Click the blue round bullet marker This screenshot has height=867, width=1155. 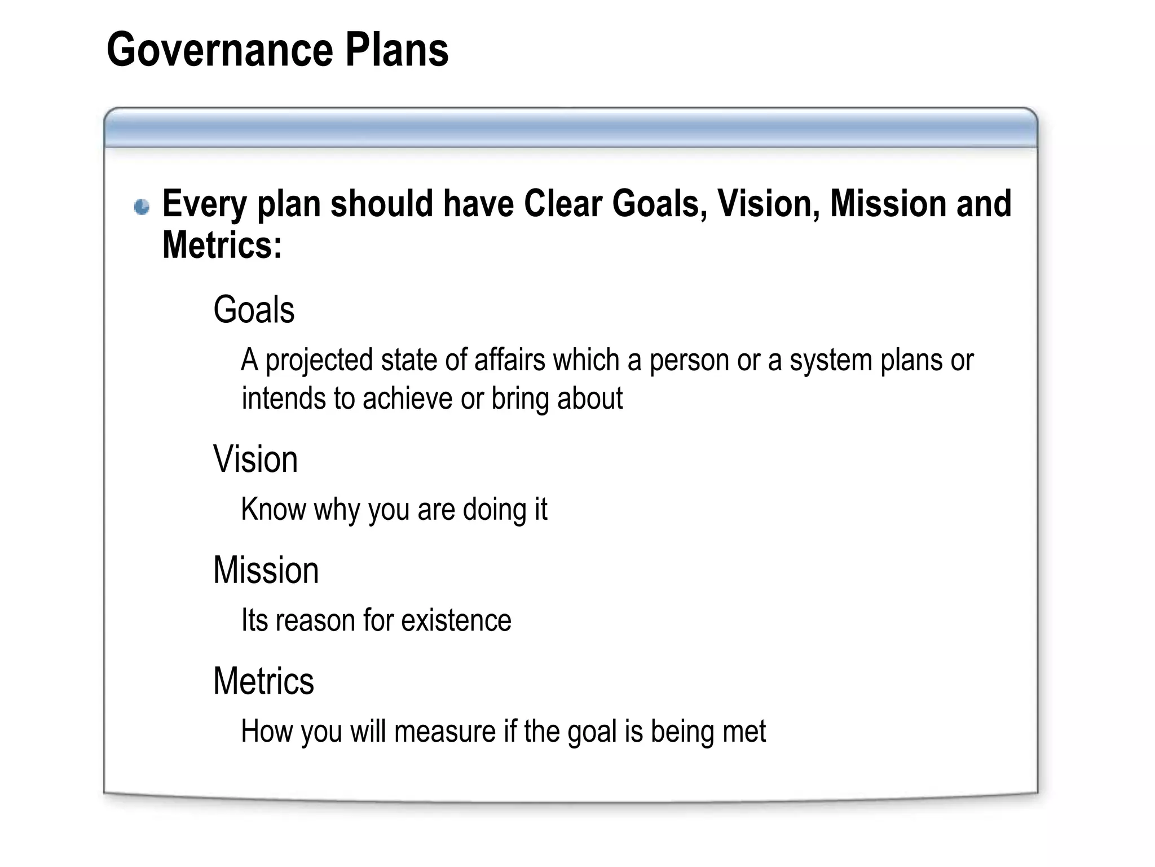click(142, 207)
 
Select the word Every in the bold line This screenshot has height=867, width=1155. click(205, 204)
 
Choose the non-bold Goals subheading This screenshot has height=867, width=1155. click(254, 310)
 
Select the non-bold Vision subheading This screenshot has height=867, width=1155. click(255, 459)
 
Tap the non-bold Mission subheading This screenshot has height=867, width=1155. click(266, 570)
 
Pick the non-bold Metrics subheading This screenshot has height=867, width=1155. click(263, 681)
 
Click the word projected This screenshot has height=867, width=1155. click(319, 361)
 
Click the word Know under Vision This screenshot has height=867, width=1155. click(273, 509)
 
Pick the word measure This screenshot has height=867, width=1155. click(445, 732)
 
